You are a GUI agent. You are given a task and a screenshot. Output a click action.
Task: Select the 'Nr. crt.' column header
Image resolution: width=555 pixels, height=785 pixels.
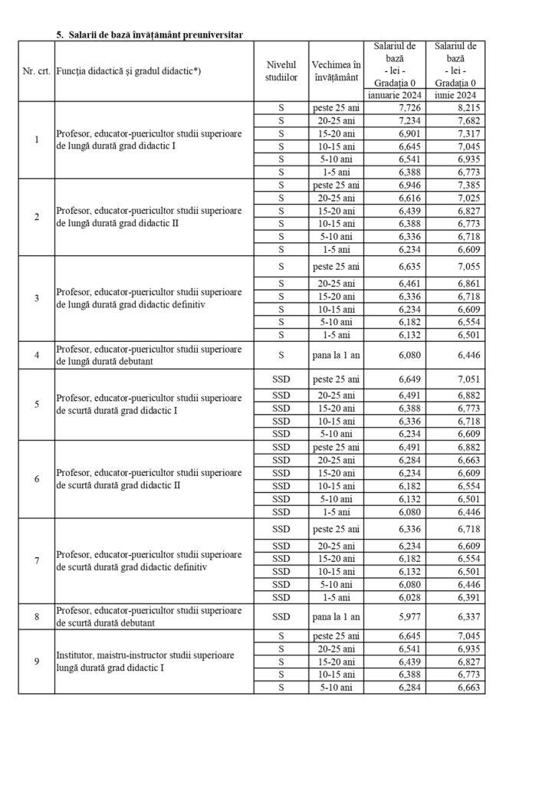tap(36, 71)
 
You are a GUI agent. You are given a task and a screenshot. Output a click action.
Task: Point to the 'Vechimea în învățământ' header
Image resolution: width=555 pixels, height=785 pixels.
tap(336, 71)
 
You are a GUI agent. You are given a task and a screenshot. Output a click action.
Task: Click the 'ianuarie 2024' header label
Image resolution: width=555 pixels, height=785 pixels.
tap(393, 95)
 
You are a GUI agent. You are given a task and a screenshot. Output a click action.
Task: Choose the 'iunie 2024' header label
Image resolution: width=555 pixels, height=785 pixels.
tap(455, 95)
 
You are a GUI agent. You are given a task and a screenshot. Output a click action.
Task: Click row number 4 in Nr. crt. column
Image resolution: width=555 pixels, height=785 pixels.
tap(37, 355)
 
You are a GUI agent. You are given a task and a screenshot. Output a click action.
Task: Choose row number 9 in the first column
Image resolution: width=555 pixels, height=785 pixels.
tap(37, 662)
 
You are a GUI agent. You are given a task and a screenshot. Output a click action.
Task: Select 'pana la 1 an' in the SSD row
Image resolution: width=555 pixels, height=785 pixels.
tap(336, 616)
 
